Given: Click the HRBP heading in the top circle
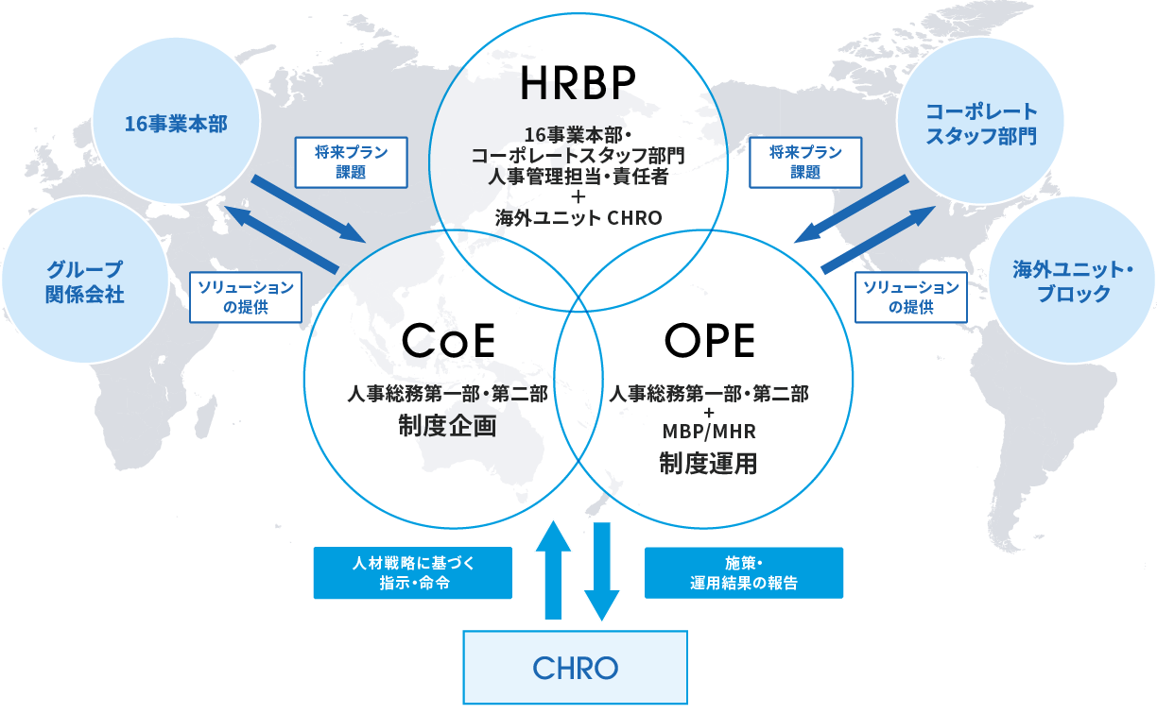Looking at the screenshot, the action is coord(578,82).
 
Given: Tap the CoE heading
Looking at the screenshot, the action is coord(448,341).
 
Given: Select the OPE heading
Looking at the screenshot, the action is coord(709,341).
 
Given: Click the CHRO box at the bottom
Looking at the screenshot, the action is coord(575,667).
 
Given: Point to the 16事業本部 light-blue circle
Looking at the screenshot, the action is coord(176,122).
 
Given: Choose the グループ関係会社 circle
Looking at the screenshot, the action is coord(85,280).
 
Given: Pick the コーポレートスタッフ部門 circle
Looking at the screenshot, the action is coord(980,122).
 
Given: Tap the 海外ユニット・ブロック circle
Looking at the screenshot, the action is coord(1072,280).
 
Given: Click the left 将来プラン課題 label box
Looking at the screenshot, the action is coord(352,162).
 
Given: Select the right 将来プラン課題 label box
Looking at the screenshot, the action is coord(805,162).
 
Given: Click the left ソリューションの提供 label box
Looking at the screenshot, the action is coord(246,297).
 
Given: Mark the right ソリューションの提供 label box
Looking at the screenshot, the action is coord(911,297).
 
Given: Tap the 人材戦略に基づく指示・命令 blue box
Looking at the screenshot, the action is coord(413,572).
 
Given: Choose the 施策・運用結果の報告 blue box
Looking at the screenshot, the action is coord(744,572).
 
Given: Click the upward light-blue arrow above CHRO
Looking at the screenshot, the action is coord(553,569).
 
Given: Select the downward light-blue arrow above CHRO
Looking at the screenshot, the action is coord(602,571).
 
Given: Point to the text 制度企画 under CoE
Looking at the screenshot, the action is coord(447,426).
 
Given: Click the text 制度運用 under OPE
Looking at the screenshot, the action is coord(708,464).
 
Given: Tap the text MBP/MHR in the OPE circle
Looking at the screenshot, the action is coord(709,432).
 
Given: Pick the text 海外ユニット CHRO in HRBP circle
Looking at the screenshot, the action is coord(578,218).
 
